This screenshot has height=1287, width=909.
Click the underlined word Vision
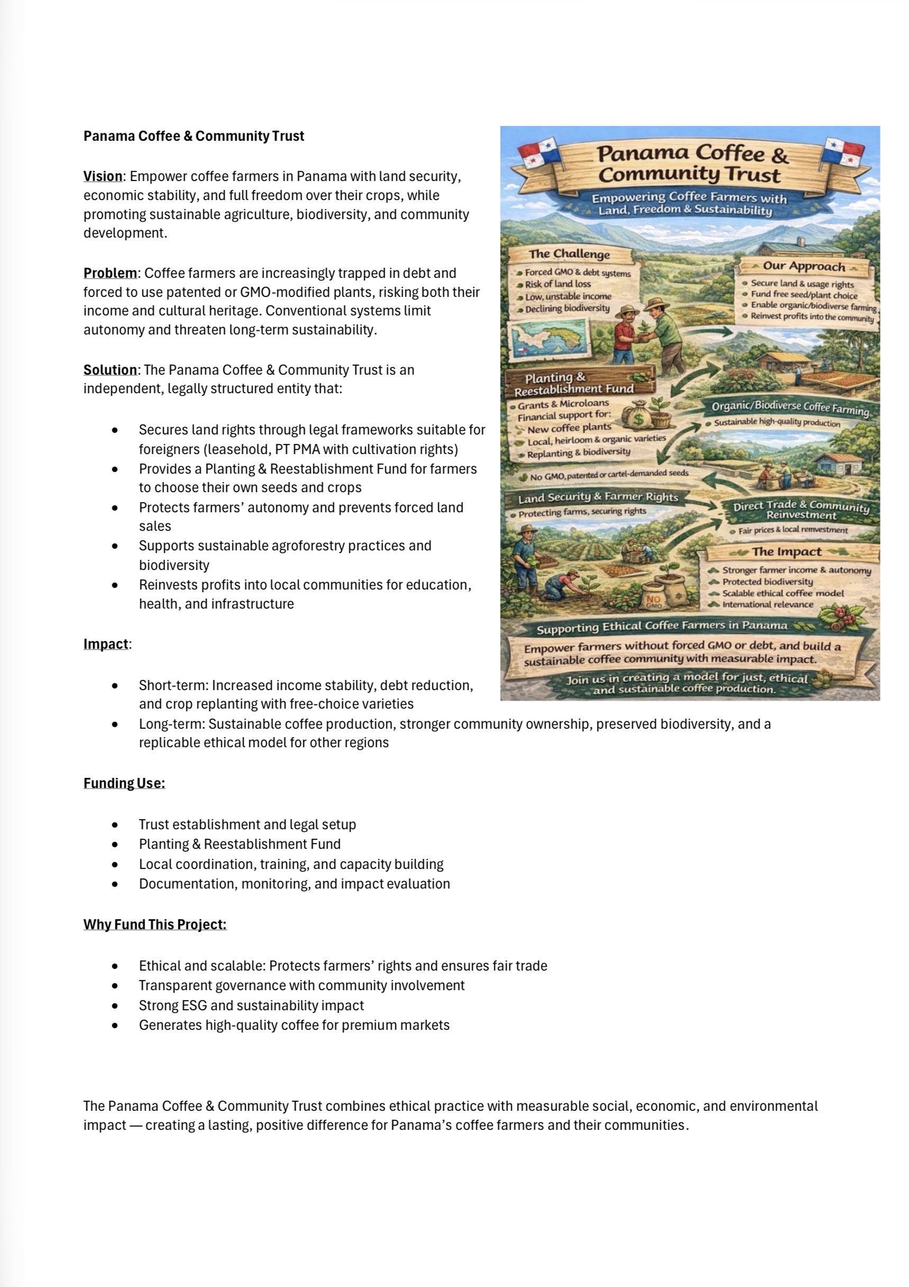[103, 176]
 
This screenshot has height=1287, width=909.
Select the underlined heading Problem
[110, 273]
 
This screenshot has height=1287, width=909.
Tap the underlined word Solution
[110, 370]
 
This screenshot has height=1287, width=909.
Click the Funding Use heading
[124, 783]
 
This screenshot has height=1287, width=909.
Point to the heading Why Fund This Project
[154, 925]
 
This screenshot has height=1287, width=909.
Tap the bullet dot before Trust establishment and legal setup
[115, 825]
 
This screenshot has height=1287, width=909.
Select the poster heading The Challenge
[569, 254]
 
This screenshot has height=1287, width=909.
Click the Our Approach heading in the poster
[803, 266]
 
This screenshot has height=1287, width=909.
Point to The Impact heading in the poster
[786, 552]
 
